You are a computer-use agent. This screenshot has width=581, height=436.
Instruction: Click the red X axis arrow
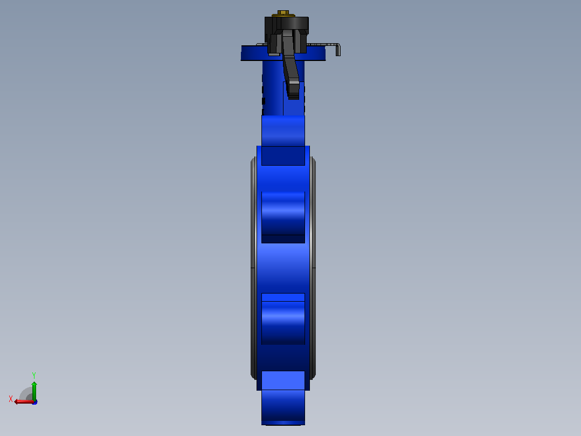24,402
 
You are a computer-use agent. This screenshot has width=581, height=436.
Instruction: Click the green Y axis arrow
34,391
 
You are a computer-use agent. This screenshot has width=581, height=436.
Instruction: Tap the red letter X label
11,399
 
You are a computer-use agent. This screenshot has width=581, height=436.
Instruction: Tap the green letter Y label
34,375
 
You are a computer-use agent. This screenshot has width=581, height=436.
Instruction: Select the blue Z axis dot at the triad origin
35,402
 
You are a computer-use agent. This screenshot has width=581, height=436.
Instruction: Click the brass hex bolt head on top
283,12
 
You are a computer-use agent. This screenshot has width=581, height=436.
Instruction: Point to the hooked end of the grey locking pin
338,50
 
